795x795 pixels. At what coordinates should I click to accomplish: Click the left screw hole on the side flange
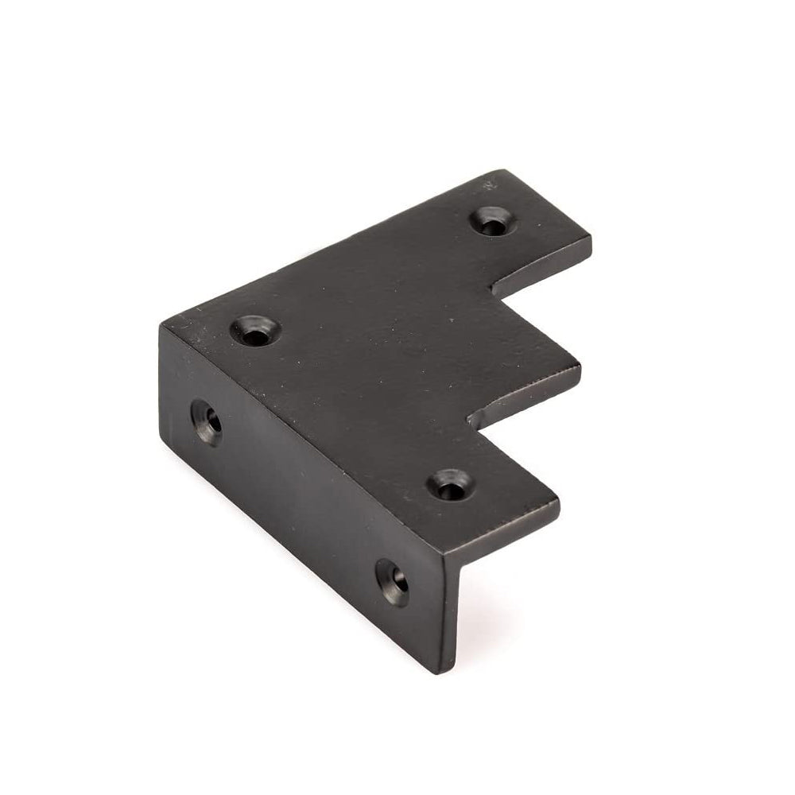tap(207, 419)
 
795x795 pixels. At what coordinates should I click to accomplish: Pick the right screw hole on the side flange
tap(392, 582)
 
